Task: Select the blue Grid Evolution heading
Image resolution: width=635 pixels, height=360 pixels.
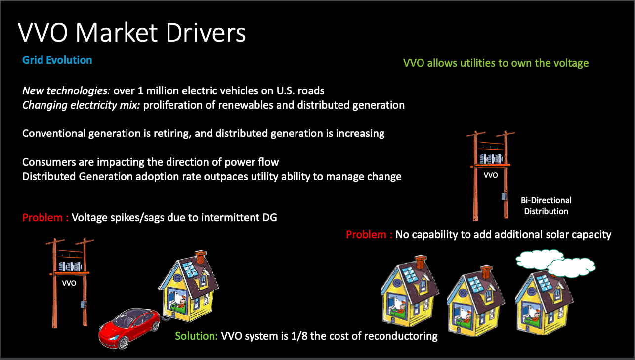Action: (57, 60)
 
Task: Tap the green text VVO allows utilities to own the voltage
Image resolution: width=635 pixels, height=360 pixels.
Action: (496, 63)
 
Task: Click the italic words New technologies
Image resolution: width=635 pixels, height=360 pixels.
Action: (66, 91)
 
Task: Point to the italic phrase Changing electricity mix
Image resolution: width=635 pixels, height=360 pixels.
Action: (81, 105)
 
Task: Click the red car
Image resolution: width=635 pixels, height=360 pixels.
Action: (129, 328)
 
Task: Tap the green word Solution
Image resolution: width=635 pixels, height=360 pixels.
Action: (197, 336)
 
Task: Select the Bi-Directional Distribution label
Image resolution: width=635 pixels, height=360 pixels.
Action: (546, 206)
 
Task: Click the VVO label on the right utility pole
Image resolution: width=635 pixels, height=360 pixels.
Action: (491, 175)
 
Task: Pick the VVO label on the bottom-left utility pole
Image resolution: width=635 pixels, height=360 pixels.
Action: (69, 283)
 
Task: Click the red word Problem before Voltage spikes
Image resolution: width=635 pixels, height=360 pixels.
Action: (42, 217)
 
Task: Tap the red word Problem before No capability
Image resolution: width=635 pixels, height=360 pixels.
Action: (366, 234)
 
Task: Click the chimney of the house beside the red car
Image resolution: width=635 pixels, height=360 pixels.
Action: (201, 257)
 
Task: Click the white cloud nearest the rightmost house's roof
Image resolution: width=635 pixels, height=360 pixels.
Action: (571, 268)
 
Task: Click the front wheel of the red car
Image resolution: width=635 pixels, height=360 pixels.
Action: (123, 343)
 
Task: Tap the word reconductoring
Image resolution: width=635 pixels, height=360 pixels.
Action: (401, 336)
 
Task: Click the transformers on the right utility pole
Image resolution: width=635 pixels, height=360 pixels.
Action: (491, 159)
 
